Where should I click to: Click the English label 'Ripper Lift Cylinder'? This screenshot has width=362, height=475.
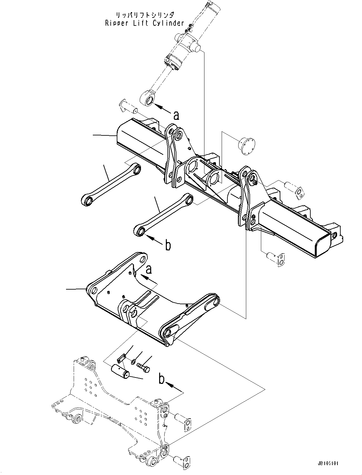click(x=144, y=23)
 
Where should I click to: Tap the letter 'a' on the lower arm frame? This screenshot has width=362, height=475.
click(x=149, y=270)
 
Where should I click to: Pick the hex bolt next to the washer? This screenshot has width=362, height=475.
click(x=144, y=366)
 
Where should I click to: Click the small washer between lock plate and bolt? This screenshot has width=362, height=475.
click(x=133, y=362)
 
